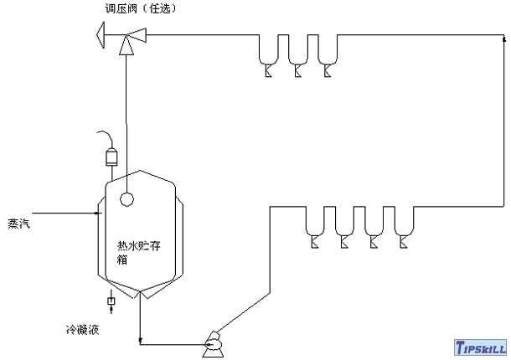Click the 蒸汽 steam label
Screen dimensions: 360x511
(x=17, y=223)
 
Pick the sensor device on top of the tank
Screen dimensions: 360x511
(x=110, y=157)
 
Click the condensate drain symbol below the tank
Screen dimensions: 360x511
(x=111, y=301)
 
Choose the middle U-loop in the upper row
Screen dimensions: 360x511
(x=298, y=54)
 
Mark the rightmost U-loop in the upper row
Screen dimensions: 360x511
(x=328, y=54)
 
